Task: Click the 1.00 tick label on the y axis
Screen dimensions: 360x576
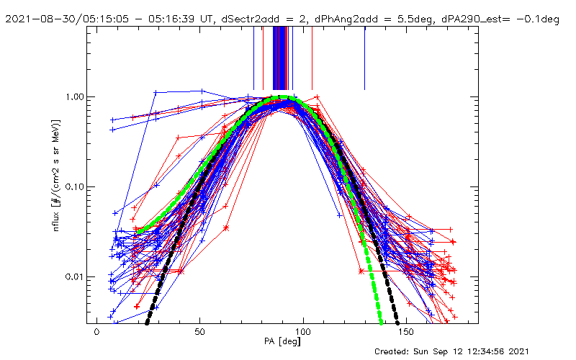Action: point(75,96)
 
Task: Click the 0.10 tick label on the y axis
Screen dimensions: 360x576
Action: point(75,186)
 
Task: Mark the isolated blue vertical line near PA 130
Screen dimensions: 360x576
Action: point(365,58)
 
